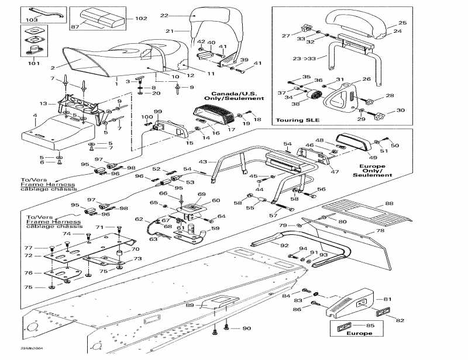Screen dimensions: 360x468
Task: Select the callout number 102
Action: pos(142,19)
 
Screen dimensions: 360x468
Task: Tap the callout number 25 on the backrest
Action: pos(402,23)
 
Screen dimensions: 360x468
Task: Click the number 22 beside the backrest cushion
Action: pos(164,15)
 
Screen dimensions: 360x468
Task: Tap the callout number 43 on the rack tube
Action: pos(203,161)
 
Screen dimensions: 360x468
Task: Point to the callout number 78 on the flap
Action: pos(381,231)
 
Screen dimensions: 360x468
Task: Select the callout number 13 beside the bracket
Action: pos(43,103)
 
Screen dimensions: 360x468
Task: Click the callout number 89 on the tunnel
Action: pos(190,305)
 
